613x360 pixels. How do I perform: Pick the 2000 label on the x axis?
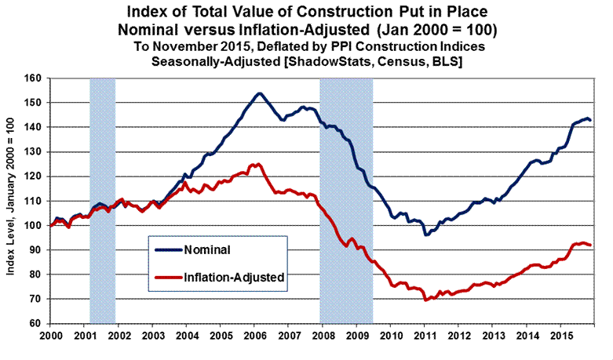point(51,334)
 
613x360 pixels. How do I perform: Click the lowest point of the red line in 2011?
point(425,300)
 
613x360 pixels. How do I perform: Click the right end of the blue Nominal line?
point(591,120)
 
